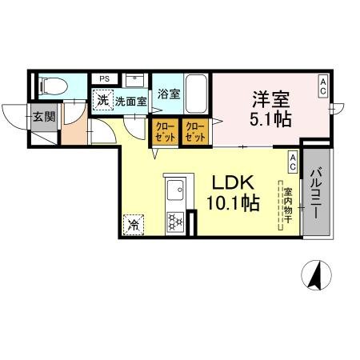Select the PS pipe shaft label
(104, 78)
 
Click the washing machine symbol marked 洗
(102, 100)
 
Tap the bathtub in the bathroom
(197, 94)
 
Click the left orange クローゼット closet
(164, 130)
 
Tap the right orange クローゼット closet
(194, 130)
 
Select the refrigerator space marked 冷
(133, 224)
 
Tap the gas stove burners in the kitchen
(176, 222)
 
